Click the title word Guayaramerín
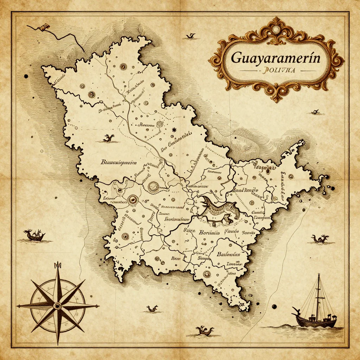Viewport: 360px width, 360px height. (276, 58)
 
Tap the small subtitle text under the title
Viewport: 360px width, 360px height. (276, 70)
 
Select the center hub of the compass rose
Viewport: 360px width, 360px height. (57, 306)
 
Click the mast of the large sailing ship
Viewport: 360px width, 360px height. (319, 295)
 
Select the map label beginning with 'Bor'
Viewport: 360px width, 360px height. (209, 232)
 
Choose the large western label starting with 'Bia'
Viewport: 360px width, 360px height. (118, 162)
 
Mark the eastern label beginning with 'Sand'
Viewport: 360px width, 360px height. (245, 190)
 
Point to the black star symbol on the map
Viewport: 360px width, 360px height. (173, 130)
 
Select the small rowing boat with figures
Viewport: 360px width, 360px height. (34, 236)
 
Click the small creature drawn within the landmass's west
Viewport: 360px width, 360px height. (109, 138)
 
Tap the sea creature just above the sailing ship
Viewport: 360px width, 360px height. (320, 239)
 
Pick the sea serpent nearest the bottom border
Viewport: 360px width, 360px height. (205, 330)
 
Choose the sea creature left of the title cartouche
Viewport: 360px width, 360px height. (190, 36)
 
